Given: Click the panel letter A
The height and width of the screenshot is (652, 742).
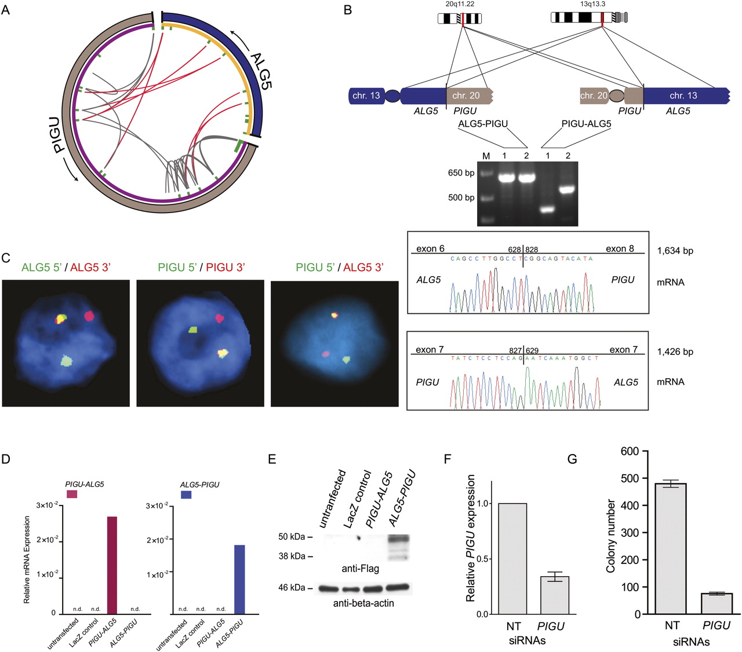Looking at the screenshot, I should point(6,10).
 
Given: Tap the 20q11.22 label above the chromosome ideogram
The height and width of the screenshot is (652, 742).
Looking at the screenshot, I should point(460,4).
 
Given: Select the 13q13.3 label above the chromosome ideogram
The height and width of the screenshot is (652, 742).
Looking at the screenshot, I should point(592,4).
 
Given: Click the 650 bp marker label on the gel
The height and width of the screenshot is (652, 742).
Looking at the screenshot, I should point(461,173).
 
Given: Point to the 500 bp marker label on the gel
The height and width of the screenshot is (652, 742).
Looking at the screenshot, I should point(461,197).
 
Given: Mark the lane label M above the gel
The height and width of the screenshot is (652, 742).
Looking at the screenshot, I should point(486,156).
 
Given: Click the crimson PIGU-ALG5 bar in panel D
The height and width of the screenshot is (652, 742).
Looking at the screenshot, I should point(112,565).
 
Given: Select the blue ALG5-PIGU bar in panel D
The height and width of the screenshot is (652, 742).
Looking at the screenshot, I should point(239,579).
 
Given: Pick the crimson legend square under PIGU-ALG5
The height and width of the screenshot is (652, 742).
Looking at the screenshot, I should point(72,494).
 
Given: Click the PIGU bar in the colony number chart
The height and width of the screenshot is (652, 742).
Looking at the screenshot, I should point(716,603).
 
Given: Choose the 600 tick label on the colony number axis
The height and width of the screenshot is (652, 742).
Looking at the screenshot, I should point(630,451).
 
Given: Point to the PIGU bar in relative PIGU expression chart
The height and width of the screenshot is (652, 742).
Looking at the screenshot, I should point(554,595).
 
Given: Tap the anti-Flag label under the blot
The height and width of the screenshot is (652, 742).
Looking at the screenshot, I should point(360,569).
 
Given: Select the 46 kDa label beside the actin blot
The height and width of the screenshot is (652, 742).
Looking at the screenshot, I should point(291,588).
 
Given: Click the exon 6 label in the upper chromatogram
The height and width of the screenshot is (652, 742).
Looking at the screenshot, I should point(430,249).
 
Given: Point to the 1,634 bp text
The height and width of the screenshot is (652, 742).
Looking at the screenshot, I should point(675,251).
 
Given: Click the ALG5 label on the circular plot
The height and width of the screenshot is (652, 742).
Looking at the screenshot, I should point(261,69).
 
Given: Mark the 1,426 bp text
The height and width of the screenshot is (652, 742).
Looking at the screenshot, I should point(675,352).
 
